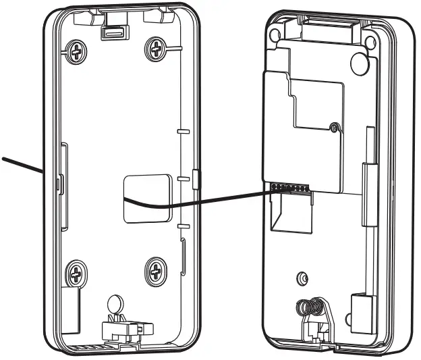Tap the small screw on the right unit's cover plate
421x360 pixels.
point(333,126)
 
